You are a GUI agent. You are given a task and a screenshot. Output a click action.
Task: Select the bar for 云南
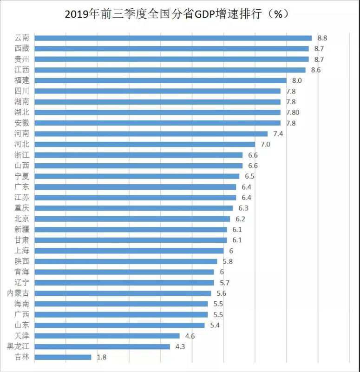[x=173, y=38]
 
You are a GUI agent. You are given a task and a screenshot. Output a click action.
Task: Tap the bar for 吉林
[x=63, y=357]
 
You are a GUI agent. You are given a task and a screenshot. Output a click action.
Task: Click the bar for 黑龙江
[x=102, y=346]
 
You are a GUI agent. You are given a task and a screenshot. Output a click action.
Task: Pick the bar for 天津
[x=107, y=336]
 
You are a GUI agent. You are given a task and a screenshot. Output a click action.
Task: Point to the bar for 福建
[x=160, y=80]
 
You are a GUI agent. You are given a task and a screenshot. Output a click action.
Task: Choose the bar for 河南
[x=151, y=134]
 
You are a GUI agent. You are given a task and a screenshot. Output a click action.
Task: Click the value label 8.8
[x=322, y=38]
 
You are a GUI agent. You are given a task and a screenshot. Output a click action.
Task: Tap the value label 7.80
[x=293, y=113]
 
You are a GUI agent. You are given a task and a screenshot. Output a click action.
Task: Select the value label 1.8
[x=102, y=357]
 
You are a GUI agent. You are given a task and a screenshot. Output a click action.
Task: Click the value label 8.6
[x=316, y=70]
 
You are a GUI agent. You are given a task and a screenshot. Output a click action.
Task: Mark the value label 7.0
[x=265, y=144]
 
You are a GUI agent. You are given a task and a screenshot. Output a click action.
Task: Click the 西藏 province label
[x=21, y=48]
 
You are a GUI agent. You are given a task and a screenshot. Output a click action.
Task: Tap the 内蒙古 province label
[x=18, y=293]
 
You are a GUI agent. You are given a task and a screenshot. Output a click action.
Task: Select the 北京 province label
[x=21, y=219]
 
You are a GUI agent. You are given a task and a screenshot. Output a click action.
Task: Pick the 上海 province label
[x=21, y=251]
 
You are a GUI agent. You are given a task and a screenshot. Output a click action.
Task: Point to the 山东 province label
[x=21, y=325]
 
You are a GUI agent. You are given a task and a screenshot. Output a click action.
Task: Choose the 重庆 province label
[x=21, y=208]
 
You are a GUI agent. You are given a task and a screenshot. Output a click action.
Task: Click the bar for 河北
[x=145, y=144]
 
